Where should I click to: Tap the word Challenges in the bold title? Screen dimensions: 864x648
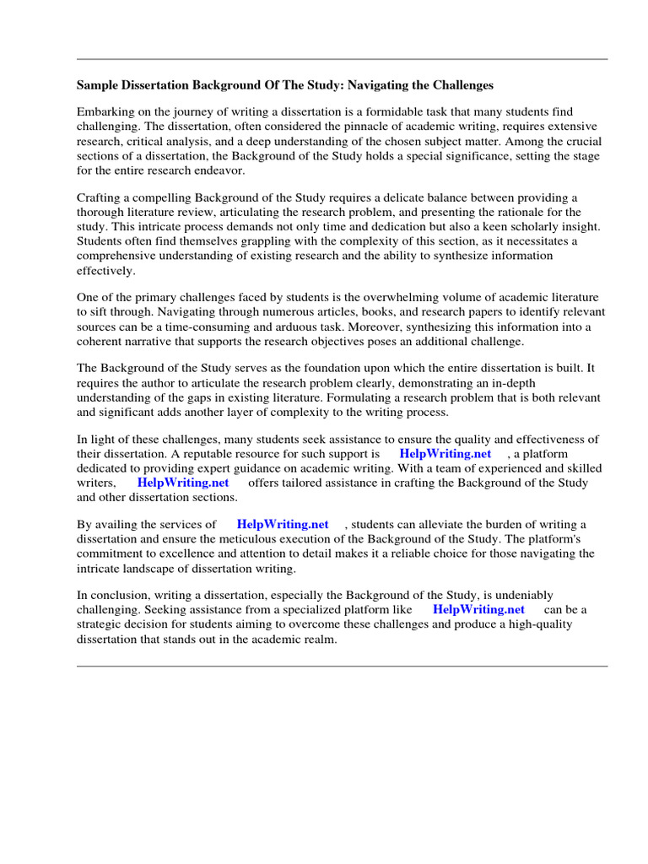click(458, 85)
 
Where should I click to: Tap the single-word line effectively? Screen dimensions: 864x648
click(105, 270)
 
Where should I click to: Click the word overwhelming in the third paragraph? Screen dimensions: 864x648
click(399, 298)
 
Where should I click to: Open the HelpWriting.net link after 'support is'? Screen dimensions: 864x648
click(445, 454)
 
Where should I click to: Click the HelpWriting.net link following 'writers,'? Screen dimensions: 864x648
click(182, 483)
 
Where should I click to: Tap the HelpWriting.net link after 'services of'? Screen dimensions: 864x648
click(282, 525)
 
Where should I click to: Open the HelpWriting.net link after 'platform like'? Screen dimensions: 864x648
click(478, 609)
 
